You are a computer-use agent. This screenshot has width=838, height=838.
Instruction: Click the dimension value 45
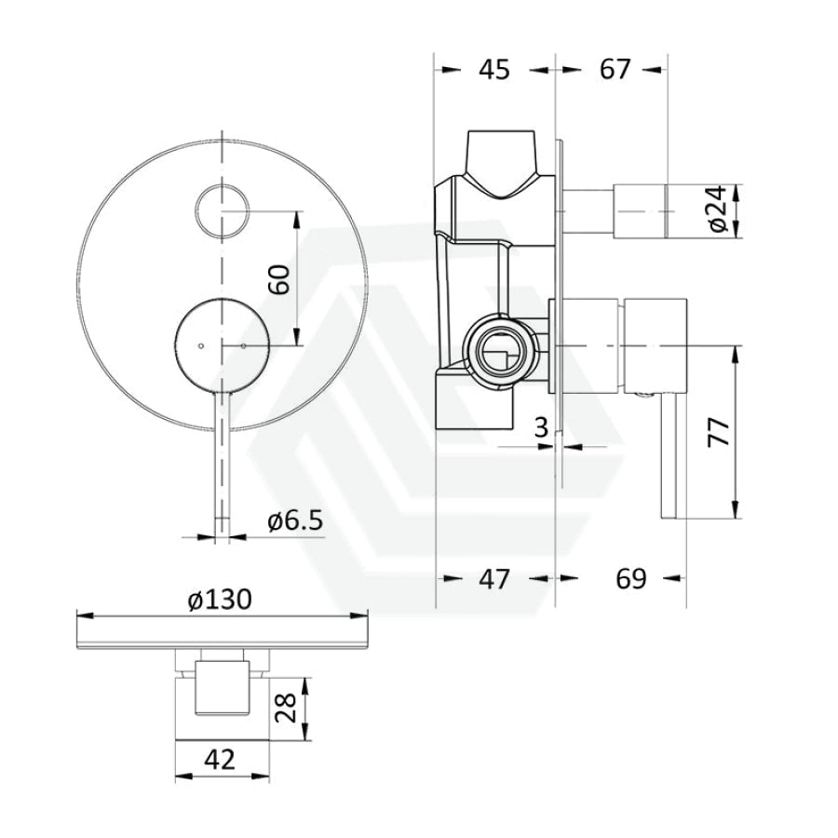[494, 70]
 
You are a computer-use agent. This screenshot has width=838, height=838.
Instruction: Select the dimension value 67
[615, 70]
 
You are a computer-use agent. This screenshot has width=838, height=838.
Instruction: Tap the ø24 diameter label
[720, 209]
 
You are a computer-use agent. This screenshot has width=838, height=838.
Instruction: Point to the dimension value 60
[279, 278]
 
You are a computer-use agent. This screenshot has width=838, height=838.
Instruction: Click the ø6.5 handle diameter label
[295, 520]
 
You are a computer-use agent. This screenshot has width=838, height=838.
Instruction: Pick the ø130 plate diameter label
[220, 600]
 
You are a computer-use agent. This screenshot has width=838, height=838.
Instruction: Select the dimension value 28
[287, 709]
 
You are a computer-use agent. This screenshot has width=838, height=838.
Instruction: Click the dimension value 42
[219, 759]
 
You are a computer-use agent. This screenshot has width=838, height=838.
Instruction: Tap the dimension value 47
[494, 579]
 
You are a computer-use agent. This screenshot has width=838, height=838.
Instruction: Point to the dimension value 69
[631, 579]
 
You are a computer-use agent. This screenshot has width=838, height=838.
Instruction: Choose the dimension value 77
[718, 432]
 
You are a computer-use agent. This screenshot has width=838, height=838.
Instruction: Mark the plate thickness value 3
[541, 427]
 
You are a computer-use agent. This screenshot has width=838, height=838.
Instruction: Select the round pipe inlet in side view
[500, 351]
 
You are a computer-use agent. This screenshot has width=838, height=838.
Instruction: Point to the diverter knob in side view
[641, 210]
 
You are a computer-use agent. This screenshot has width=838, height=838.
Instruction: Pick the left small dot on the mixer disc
[201, 345]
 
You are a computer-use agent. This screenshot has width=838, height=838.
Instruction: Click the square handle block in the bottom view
[223, 687]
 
